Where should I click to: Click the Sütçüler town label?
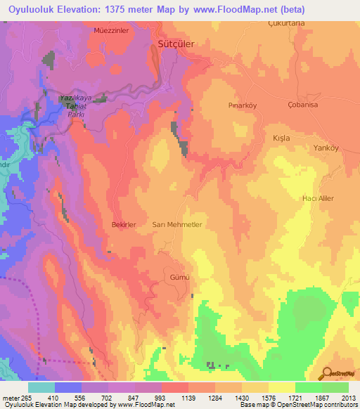(175, 44)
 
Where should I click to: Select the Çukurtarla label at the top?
(286, 23)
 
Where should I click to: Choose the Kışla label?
(281, 138)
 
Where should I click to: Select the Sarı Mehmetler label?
(177, 224)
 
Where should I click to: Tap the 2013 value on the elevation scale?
(347, 397)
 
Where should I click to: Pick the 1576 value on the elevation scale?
(264, 397)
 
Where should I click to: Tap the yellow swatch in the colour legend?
(281, 387)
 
